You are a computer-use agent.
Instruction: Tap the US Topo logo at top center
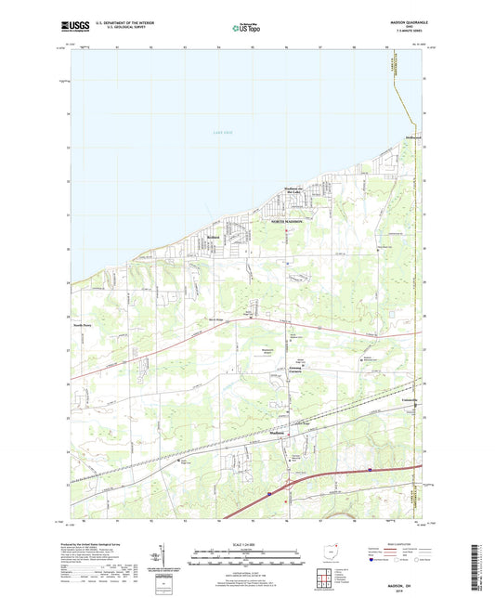point(246,28)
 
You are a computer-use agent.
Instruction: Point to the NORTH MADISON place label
point(288,222)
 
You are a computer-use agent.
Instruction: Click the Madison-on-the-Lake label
point(298,193)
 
